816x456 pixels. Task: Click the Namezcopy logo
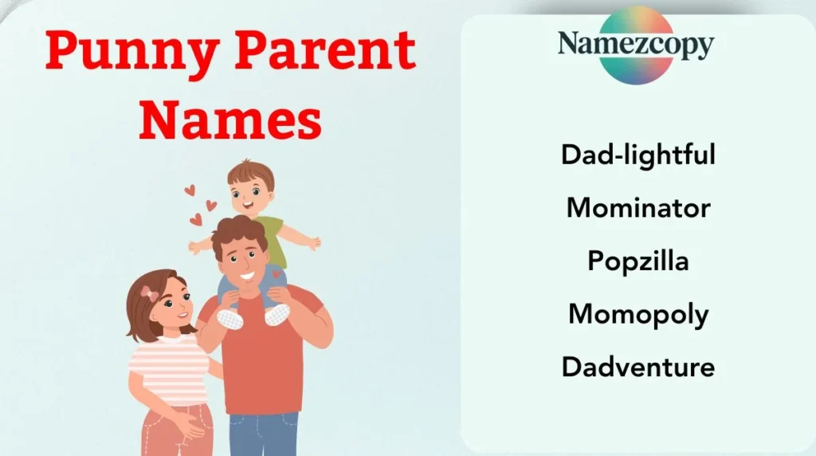tap(635, 45)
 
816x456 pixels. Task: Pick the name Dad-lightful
tap(637, 154)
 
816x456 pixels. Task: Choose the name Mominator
tap(637, 207)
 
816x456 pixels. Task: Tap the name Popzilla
tap(637, 261)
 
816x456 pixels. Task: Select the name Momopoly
tap(637, 314)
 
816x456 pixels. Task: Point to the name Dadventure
tap(637, 368)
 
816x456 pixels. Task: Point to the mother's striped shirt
tap(168, 368)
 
